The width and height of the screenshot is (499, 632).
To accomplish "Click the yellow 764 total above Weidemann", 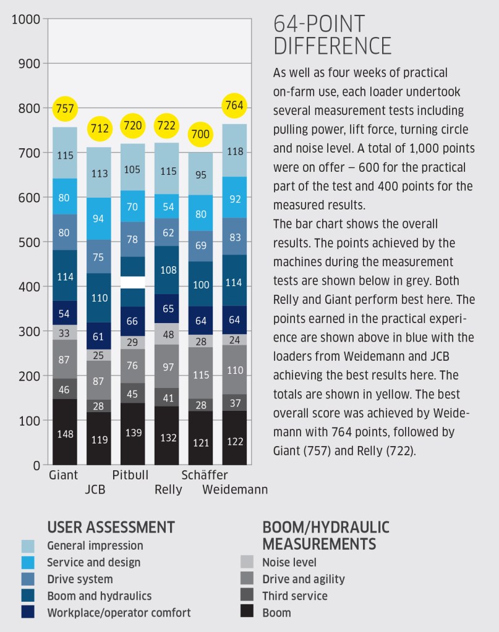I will tap(235, 104).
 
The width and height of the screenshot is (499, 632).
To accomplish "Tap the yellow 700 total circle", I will tap(201, 133).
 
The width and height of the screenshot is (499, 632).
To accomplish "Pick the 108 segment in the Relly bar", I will tap(167, 269).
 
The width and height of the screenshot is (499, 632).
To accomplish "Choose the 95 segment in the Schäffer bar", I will tap(201, 174).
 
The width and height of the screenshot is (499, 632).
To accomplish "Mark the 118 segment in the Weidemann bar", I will tap(235, 151).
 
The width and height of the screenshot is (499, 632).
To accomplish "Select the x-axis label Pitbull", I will tap(131, 475).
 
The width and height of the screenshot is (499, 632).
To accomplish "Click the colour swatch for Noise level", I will tap(246, 562).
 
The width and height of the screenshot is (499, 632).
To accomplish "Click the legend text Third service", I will tap(295, 596).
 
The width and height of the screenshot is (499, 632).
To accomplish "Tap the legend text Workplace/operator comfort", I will tap(119, 612).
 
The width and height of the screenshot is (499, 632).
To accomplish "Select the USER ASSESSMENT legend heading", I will tap(111, 527).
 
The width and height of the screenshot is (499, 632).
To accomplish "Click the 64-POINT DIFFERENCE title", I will tap(333, 35).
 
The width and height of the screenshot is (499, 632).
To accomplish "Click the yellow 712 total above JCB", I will tap(99, 129).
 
